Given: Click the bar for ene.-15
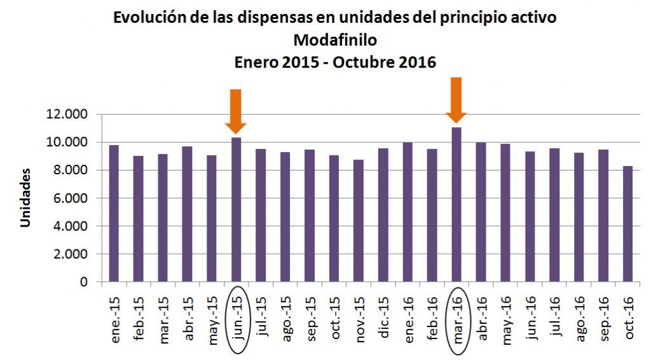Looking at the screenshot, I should pyautogui.click(x=114, y=213).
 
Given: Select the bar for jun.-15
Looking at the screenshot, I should pyautogui.click(x=236, y=209).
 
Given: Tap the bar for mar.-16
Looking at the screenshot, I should pyautogui.click(x=456, y=204).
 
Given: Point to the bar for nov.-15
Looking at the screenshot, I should pyautogui.click(x=359, y=220).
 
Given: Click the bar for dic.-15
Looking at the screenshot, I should pyautogui.click(x=383, y=215).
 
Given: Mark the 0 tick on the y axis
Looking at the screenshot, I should pyautogui.click(x=83, y=282).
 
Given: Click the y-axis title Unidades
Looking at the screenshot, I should pyautogui.click(x=25, y=198).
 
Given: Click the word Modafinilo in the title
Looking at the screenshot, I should pyautogui.click(x=335, y=40).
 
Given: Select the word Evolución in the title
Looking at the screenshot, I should pyautogui.click(x=149, y=18).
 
